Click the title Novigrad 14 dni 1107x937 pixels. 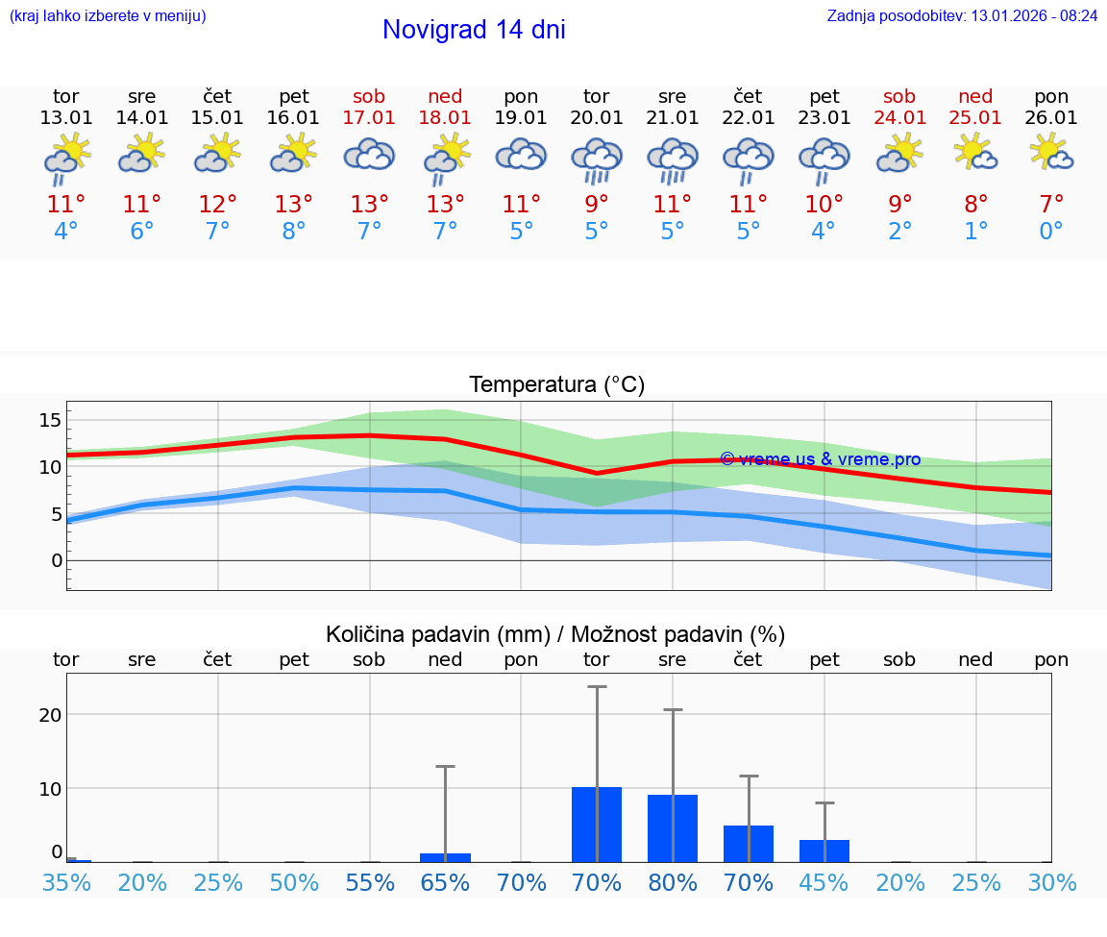pyautogui.click(x=474, y=30)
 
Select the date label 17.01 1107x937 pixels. pyautogui.click(x=369, y=118)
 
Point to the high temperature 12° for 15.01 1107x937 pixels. pyautogui.click(x=218, y=205)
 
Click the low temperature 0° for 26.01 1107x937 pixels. pyautogui.click(x=1051, y=232)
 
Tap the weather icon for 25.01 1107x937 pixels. pyautogui.click(x=975, y=153)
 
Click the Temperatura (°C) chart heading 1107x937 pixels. pyautogui.click(x=556, y=385)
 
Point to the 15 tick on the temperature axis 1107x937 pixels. pyautogui.click(x=50, y=420)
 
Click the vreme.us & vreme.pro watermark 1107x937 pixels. pyautogui.click(x=821, y=459)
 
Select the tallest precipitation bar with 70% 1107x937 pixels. pyautogui.click(x=597, y=825)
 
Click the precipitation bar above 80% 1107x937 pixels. pyautogui.click(x=673, y=828)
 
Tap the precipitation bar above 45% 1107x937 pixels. pyautogui.click(x=824, y=851)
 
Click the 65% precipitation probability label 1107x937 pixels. pyautogui.click(x=445, y=883)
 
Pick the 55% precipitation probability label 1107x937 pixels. pyautogui.click(x=370, y=883)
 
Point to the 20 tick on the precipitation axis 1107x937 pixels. pyautogui.click(x=50, y=714)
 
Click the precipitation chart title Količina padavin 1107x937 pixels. pyautogui.click(x=555, y=634)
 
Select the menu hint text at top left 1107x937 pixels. pyautogui.click(x=108, y=16)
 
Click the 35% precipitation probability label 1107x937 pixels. pyautogui.click(x=66, y=883)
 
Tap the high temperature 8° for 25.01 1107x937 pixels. pyautogui.click(x=975, y=205)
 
